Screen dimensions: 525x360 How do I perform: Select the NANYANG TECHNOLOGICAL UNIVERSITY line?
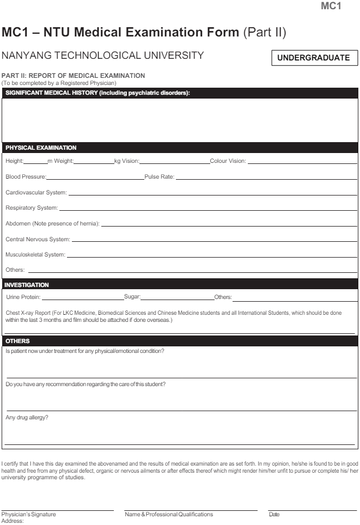pyautogui.click(x=95, y=56)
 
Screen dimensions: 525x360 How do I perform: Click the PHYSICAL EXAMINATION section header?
pyautogui.click(x=41, y=147)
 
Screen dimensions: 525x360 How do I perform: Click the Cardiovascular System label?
pyautogui.click(x=36, y=193)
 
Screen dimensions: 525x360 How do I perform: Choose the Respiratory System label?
pyautogui.click(x=30, y=208)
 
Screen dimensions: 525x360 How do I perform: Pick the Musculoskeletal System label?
pyautogui.click(x=35, y=254)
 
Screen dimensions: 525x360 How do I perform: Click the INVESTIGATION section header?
pyautogui.click(x=27, y=284)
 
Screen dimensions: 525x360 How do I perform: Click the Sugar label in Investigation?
pyautogui.click(x=132, y=297)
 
